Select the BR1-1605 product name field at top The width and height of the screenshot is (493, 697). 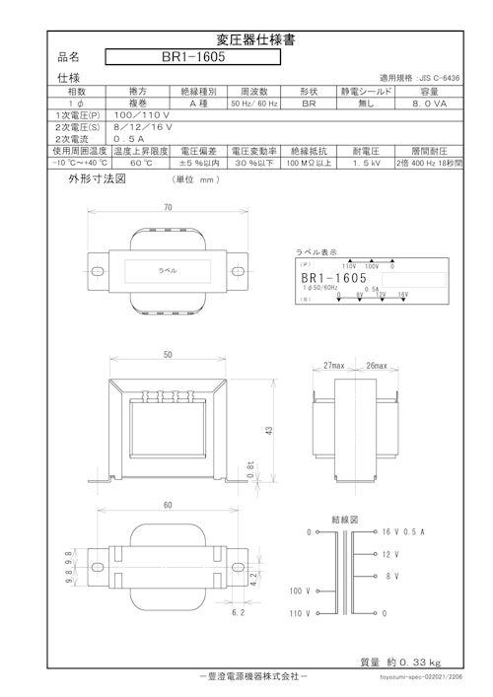click(194, 57)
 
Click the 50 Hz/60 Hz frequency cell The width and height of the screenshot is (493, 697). click(254, 102)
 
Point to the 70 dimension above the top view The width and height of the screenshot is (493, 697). click(168, 208)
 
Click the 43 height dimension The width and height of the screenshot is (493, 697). click(267, 430)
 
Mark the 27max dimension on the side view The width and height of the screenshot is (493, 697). click(334, 365)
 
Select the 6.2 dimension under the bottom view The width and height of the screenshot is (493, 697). click(238, 612)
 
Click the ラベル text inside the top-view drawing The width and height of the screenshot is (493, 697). click(168, 270)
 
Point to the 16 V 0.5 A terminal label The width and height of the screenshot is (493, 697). click(401, 532)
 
